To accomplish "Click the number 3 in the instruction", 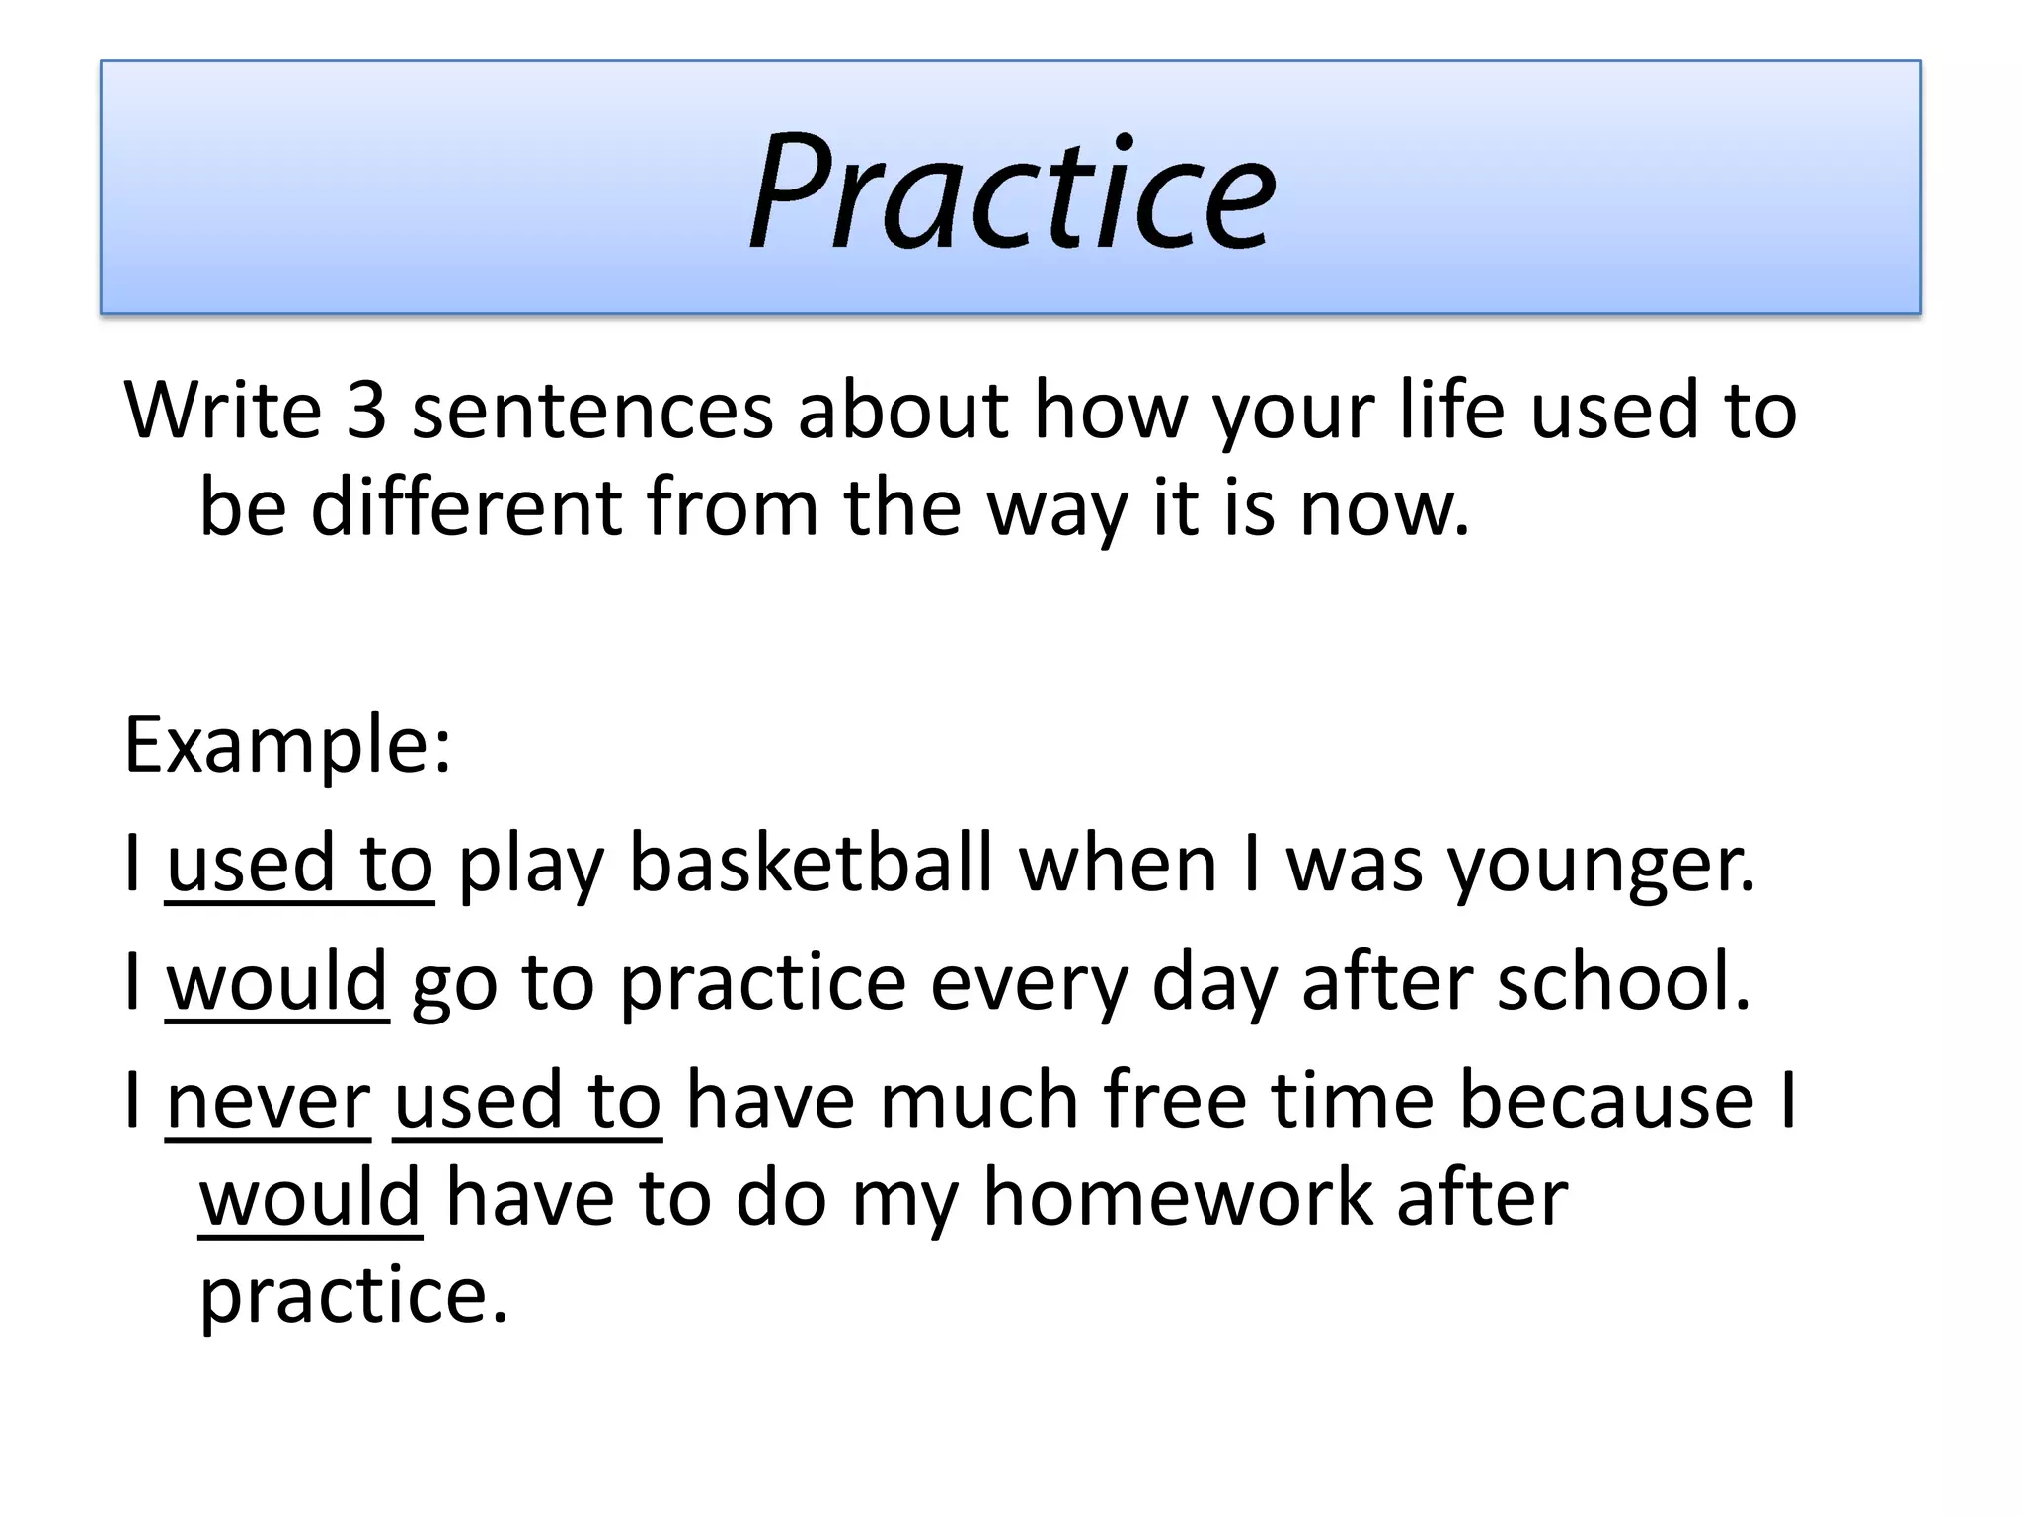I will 365,411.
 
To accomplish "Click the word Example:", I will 287,745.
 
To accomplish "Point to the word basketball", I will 810,864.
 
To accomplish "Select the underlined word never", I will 269,1102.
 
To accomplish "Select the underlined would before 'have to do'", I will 311,1198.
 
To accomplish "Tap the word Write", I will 223,411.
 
